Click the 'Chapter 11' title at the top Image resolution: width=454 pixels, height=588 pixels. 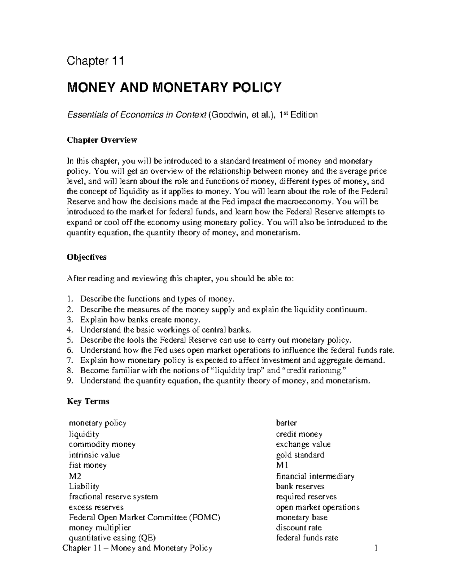click(x=95, y=61)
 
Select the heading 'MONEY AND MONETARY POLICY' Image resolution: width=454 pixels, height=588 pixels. click(x=174, y=87)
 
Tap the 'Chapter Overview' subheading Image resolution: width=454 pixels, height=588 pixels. click(x=102, y=140)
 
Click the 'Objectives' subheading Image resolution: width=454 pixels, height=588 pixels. click(x=87, y=257)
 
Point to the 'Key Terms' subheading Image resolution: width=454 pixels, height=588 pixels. click(x=88, y=401)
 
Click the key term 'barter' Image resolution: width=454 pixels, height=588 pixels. click(x=286, y=423)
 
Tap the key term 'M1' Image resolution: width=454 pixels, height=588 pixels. click(x=282, y=465)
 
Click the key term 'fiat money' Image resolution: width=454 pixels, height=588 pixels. click(x=88, y=465)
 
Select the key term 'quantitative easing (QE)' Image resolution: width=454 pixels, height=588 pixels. click(x=112, y=538)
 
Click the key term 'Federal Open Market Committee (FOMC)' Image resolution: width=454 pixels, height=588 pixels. click(x=145, y=517)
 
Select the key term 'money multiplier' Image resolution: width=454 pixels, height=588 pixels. click(x=100, y=527)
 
